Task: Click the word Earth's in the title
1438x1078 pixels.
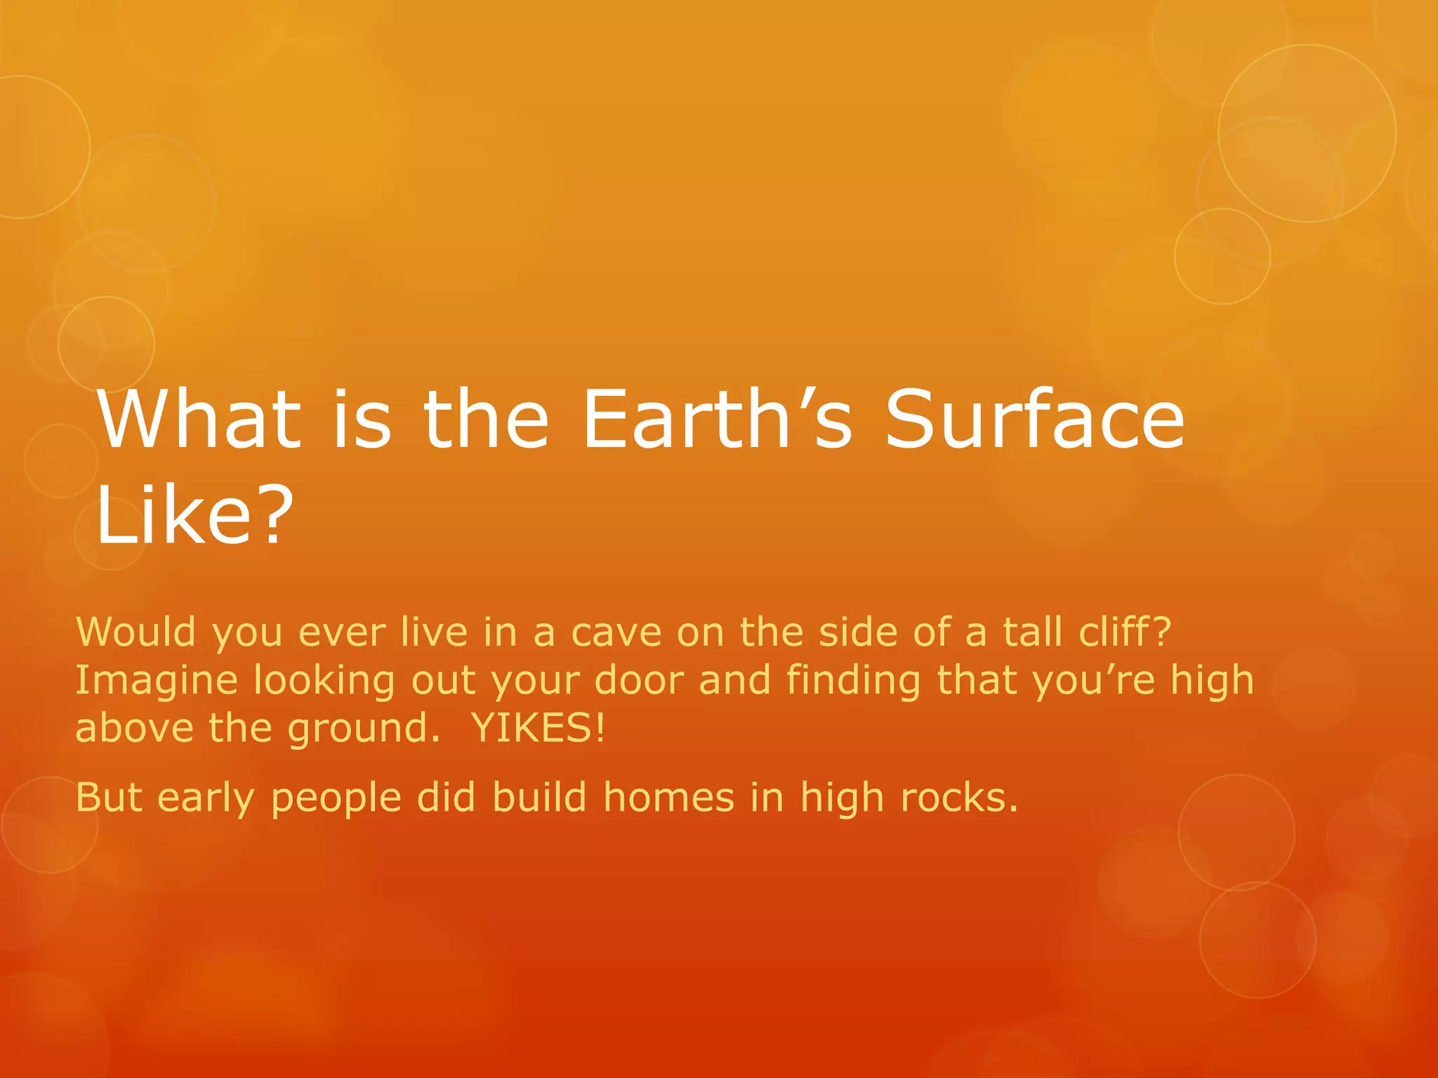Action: coord(716,420)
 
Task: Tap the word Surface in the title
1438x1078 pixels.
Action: coord(1034,420)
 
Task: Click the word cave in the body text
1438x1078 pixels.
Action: coord(616,632)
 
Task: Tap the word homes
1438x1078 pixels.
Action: coord(668,798)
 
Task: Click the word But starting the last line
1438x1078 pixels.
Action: coord(109,798)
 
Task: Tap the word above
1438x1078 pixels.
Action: coord(134,728)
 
